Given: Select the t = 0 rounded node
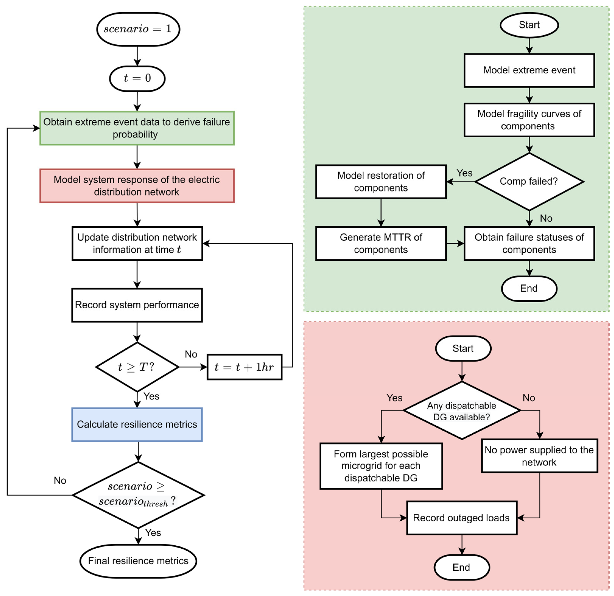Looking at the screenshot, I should coord(137,78).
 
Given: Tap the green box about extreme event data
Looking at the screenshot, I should coord(137,128).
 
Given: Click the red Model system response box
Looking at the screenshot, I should coord(137,186).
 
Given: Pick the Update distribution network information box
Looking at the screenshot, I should coord(137,243).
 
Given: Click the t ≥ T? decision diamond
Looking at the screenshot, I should coord(137,367).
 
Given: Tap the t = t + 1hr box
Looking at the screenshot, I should coord(244,367).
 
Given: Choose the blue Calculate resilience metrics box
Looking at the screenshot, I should coord(137,425).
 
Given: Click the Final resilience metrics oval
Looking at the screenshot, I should coord(138,561).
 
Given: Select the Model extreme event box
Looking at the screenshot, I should coord(529,70).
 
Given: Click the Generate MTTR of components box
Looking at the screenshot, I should coord(381,243).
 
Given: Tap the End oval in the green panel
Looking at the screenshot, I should coord(529,288).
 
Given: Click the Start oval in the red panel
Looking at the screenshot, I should coord(463,348).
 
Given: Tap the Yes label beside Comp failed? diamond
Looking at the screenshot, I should coord(464,173).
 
